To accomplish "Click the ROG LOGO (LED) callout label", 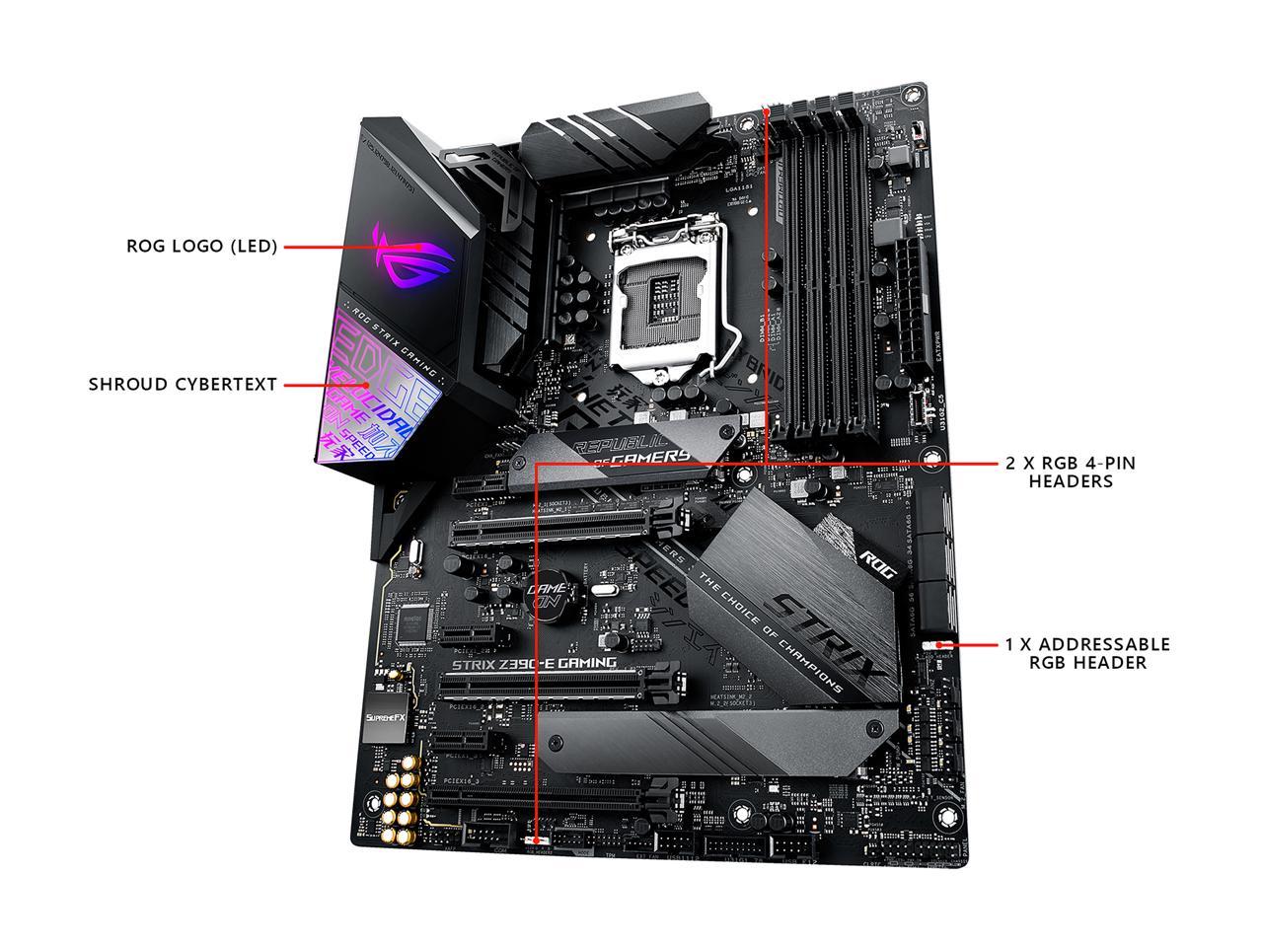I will point(201,247).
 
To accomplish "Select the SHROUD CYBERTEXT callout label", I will point(183,385).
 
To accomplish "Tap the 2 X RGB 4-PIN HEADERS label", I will point(1071,472).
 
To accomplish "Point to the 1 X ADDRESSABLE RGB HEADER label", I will point(1087,653).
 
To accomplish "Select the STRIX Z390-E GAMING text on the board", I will point(534,664).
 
